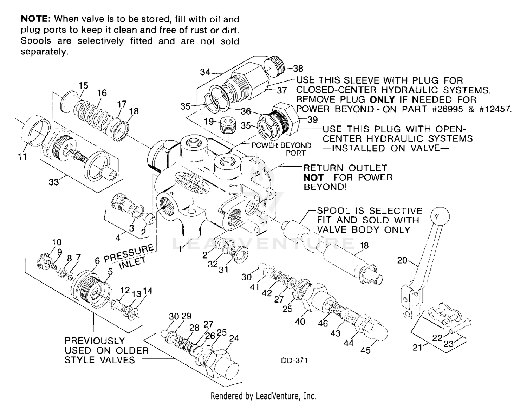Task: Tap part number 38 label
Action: point(298,69)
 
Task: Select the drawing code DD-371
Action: point(294,361)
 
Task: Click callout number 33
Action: point(53,182)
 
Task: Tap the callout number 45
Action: point(365,350)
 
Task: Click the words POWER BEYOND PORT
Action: point(281,149)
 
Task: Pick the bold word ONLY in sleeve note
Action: point(382,99)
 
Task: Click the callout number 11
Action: point(22,157)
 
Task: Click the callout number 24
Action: point(234,338)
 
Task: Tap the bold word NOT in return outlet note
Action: point(313,177)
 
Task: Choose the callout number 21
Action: point(417,348)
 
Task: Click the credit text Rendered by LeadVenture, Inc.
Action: point(263,396)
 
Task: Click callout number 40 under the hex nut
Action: point(300,321)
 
